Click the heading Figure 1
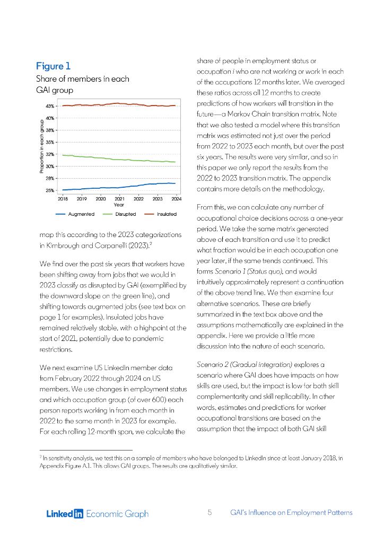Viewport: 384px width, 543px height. pyautogui.click(x=53, y=66)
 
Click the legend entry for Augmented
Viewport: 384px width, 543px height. pyautogui.click(x=75, y=214)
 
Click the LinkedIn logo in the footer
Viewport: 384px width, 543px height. pyautogui.click(x=65, y=513)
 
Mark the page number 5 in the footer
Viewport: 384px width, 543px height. pyautogui.click(x=210, y=513)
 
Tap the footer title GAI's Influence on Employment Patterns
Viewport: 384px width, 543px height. pyautogui.click(x=291, y=513)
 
